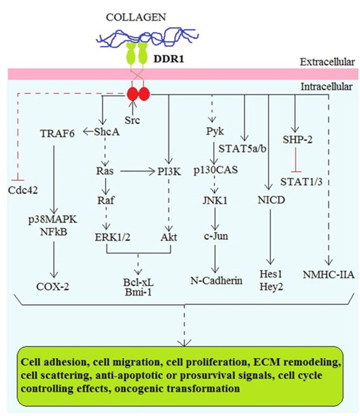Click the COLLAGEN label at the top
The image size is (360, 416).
click(136, 17)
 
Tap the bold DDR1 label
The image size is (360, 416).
click(168, 59)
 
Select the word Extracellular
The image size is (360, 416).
click(327, 62)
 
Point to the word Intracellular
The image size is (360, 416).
click(327, 87)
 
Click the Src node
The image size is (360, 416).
click(132, 121)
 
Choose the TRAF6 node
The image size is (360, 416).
click(57, 134)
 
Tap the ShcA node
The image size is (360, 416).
click(107, 132)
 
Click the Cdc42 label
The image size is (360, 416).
click(23, 190)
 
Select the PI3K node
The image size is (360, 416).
click(169, 172)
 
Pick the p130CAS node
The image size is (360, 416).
click(215, 170)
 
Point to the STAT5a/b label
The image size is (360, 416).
click(242, 149)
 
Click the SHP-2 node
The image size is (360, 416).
click(297, 140)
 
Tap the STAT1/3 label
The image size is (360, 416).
click(301, 182)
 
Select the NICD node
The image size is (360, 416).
click(271, 200)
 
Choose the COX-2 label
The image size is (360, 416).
click(53, 287)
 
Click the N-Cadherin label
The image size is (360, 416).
click(217, 280)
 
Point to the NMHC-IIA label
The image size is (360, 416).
click(329, 275)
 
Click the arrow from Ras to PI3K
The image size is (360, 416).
click(138, 171)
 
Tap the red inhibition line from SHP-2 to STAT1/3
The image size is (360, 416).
click(296, 160)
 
